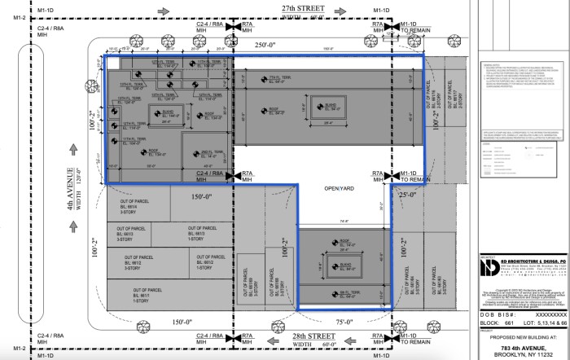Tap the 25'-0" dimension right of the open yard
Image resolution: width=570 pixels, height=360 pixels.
pos(407,196)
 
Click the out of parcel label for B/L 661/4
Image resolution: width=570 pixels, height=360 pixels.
pos(138,210)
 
